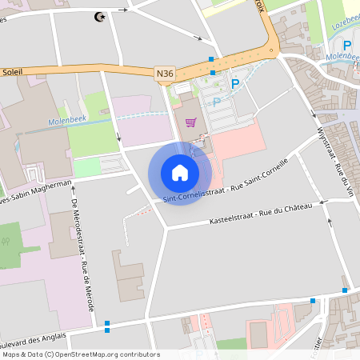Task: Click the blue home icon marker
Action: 180,172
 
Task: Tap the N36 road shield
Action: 165,74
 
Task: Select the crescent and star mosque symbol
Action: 100,17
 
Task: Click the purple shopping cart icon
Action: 190,122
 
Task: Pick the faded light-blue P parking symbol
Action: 216,102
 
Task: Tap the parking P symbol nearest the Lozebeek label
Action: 348,46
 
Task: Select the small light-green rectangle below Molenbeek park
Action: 87,167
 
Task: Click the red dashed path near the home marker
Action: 141,211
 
